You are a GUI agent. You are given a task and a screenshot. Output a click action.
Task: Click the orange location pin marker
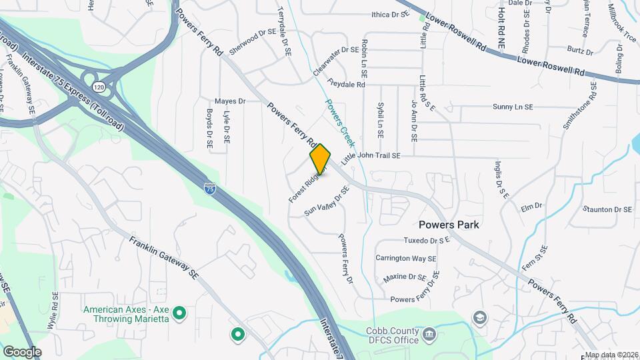coord(320,159)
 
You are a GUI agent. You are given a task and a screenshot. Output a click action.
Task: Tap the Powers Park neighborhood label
coord(449,225)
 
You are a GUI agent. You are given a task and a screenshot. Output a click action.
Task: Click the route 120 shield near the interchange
coord(99,87)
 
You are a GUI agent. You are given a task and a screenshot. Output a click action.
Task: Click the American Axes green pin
coord(179,312)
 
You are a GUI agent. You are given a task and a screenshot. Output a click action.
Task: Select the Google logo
coord(22,351)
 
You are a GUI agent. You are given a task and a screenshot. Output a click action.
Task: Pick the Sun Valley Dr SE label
coord(327,202)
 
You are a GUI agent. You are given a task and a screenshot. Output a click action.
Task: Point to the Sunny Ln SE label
coord(513,107)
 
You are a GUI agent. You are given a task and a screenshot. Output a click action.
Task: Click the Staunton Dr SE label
coord(607,209)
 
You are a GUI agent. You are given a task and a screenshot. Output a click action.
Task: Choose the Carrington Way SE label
coord(405,258)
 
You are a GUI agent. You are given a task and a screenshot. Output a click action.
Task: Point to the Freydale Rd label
coord(347,84)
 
